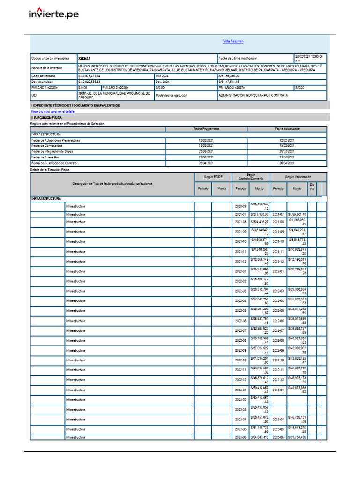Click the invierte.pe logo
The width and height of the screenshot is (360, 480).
click(x=53, y=14)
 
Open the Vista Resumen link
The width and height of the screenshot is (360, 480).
click(x=233, y=41)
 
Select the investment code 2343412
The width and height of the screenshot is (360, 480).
click(x=84, y=59)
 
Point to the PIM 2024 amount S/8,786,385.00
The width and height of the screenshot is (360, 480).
click(x=229, y=76)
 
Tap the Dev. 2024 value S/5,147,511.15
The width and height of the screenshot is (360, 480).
click(x=229, y=82)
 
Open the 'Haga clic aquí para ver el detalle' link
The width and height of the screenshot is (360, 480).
click(x=52, y=112)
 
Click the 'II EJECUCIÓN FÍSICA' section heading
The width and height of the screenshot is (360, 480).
click(x=46, y=118)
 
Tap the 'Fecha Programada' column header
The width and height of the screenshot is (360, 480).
click(x=206, y=128)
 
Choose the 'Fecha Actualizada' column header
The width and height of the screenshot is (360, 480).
click(x=287, y=128)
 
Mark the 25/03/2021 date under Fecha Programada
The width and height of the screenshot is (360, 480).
click(x=206, y=151)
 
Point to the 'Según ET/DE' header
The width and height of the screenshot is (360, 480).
click(x=213, y=177)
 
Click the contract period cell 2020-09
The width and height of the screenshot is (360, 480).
click(x=240, y=206)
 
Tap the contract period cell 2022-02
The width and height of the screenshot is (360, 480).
click(x=240, y=281)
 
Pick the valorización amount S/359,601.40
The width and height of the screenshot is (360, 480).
click(x=297, y=214)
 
